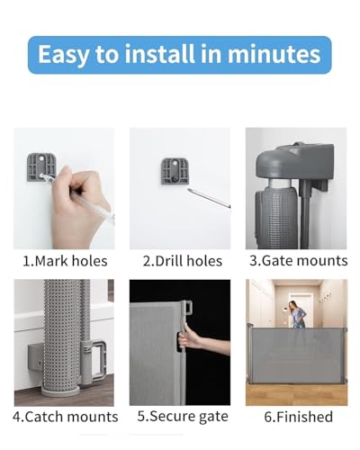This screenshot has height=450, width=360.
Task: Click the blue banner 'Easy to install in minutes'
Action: (x=180, y=55)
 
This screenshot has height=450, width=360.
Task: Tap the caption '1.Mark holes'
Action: (x=65, y=261)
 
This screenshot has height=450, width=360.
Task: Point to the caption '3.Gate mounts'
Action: (x=298, y=261)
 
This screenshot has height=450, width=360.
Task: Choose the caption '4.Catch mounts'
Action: (x=66, y=417)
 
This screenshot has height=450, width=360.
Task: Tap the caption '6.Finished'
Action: (x=298, y=417)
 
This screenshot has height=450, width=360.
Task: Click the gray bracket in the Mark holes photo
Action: (x=42, y=167)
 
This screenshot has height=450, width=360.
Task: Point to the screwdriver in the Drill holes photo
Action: (x=209, y=197)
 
